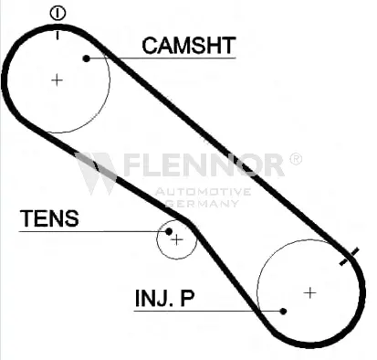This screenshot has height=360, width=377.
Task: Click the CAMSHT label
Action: (189, 46)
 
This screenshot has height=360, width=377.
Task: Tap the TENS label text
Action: (49, 218)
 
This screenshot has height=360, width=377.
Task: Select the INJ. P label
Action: (164, 298)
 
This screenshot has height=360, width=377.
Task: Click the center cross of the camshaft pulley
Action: (57, 80)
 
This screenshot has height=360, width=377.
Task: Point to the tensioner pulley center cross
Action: (177, 240)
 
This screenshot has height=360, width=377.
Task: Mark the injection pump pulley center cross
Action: (309, 292)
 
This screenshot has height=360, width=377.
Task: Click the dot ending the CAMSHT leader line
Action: (87, 58)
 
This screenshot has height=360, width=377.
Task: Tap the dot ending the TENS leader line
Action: (169, 231)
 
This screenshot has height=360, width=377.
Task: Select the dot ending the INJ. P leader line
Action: (283, 311)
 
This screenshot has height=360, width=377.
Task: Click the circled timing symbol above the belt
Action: (58, 14)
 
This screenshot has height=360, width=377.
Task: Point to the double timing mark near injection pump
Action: (350, 257)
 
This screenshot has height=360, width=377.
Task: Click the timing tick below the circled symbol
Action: (58, 35)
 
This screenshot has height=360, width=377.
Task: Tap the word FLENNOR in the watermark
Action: (204, 165)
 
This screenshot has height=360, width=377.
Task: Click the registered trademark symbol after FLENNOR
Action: (295, 159)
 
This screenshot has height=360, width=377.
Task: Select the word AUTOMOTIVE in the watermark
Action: (203, 192)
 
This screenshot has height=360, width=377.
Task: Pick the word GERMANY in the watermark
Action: (202, 203)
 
